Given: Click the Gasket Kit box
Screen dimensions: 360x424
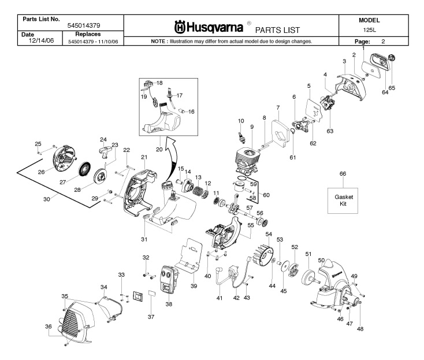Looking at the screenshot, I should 343,200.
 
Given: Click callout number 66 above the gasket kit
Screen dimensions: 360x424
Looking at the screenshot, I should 343,174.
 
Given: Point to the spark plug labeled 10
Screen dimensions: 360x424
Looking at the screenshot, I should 242,136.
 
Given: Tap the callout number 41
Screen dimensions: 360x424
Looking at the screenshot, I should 218,299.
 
